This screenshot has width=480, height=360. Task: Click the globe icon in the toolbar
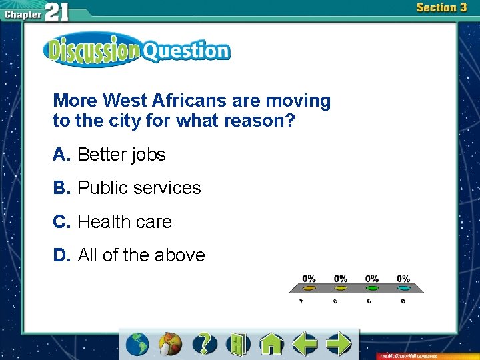(138, 344)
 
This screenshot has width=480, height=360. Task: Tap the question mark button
(205, 344)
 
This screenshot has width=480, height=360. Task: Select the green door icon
(237, 344)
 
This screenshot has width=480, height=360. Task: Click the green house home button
(271, 344)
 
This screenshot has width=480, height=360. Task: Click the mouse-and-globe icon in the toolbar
(171, 344)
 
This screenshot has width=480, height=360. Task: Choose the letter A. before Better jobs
(62, 155)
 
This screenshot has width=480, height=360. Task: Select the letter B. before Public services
(62, 188)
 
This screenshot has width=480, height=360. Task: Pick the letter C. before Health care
(62, 221)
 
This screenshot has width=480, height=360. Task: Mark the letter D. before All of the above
(62, 255)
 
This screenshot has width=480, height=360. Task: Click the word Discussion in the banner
(91, 51)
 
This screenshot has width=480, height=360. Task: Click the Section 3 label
(441, 8)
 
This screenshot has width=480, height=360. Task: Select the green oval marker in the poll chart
(372, 289)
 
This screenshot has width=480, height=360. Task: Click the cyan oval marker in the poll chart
(403, 289)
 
